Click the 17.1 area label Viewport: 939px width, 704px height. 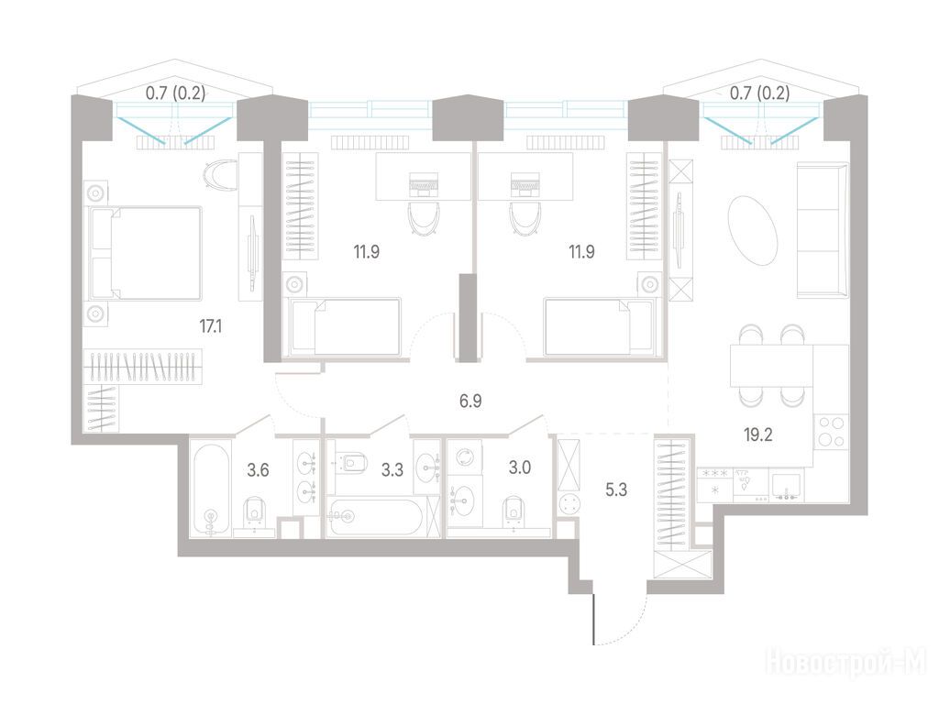point(211,326)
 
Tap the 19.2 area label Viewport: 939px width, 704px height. point(758,434)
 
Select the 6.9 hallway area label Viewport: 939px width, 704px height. point(470,401)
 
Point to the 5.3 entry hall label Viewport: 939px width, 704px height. point(616,490)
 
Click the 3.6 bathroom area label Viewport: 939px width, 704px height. point(258,470)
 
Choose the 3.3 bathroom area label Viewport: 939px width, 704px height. point(392,470)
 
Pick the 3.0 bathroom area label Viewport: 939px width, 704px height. point(520,467)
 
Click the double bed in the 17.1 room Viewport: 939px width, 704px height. point(145,253)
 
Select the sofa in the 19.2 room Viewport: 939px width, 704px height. point(823,230)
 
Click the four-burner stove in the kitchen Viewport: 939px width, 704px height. point(831,432)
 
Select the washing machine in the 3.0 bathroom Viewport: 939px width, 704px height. point(465,458)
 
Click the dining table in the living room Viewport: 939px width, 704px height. point(771,366)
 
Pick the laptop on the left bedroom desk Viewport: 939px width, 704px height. point(424,184)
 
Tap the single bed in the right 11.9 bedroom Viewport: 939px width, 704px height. point(599,327)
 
